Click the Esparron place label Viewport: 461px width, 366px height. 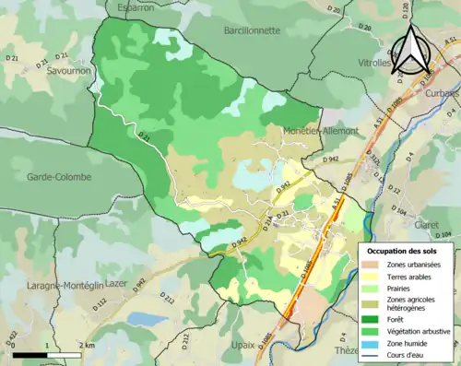click(136, 7)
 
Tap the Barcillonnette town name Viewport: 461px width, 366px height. click(252, 30)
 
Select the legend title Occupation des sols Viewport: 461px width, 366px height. click(403, 251)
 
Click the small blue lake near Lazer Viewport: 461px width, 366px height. click(145, 319)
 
